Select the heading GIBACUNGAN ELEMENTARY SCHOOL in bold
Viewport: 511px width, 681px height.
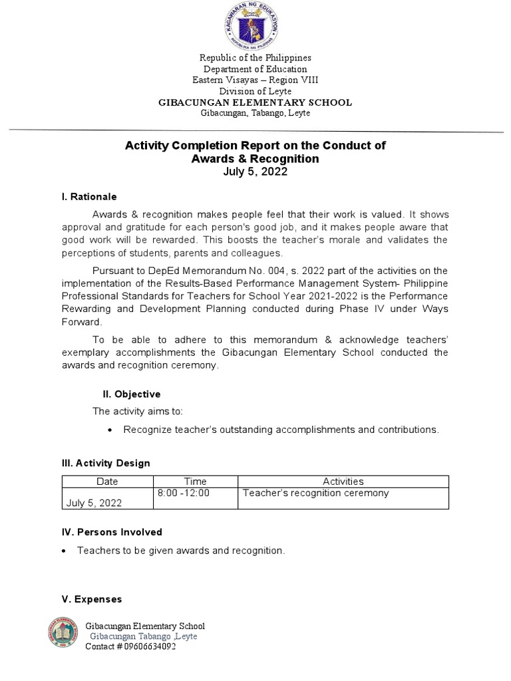coord(255,102)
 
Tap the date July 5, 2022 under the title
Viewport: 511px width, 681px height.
coord(255,172)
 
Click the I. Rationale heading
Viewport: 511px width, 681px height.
coord(88,197)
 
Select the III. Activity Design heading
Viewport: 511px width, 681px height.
coord(106,463)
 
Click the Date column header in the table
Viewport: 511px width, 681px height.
coord(107,481)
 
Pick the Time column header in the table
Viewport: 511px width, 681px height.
coord(195,481)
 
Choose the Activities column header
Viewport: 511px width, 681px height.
coord(343,481)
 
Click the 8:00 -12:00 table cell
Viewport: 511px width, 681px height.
coord(184,493)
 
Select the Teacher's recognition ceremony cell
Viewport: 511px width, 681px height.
coord(316,493)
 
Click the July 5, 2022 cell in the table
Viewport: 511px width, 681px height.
coord(94,503)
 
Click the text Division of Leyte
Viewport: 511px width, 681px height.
coord(255,91)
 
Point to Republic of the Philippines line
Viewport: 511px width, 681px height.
coord(255,58)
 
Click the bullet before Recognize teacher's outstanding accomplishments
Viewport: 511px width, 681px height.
coord(110,430)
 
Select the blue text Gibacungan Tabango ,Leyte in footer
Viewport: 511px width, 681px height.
coord(144,636)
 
